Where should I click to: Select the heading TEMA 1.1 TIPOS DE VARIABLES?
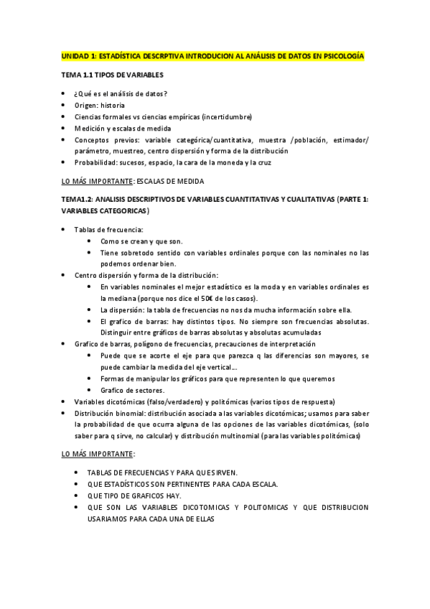tap(113, 75)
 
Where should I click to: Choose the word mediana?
tap(113, 298)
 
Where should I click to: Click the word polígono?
tap(135, 344)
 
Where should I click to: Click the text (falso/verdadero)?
tap(163, 401)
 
